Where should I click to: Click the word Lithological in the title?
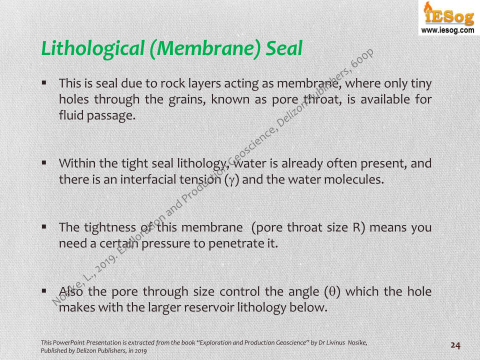[x=93, y=48]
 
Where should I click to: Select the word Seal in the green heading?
[x=284, y=48]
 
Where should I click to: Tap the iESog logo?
[x=449, y=14]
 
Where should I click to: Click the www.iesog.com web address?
[x=447, y=30]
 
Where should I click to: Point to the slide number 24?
[x=455, y=345]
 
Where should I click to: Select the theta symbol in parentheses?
[x=332, y=291]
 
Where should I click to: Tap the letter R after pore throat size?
[x=357, y=228]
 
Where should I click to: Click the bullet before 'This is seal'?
[x=44, y=82]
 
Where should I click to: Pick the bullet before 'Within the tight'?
[x=44, y=163]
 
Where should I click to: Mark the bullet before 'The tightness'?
[x=44, y=227]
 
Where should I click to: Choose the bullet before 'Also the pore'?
[x=44, y=291]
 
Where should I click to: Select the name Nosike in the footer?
[x=357, y=343]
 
